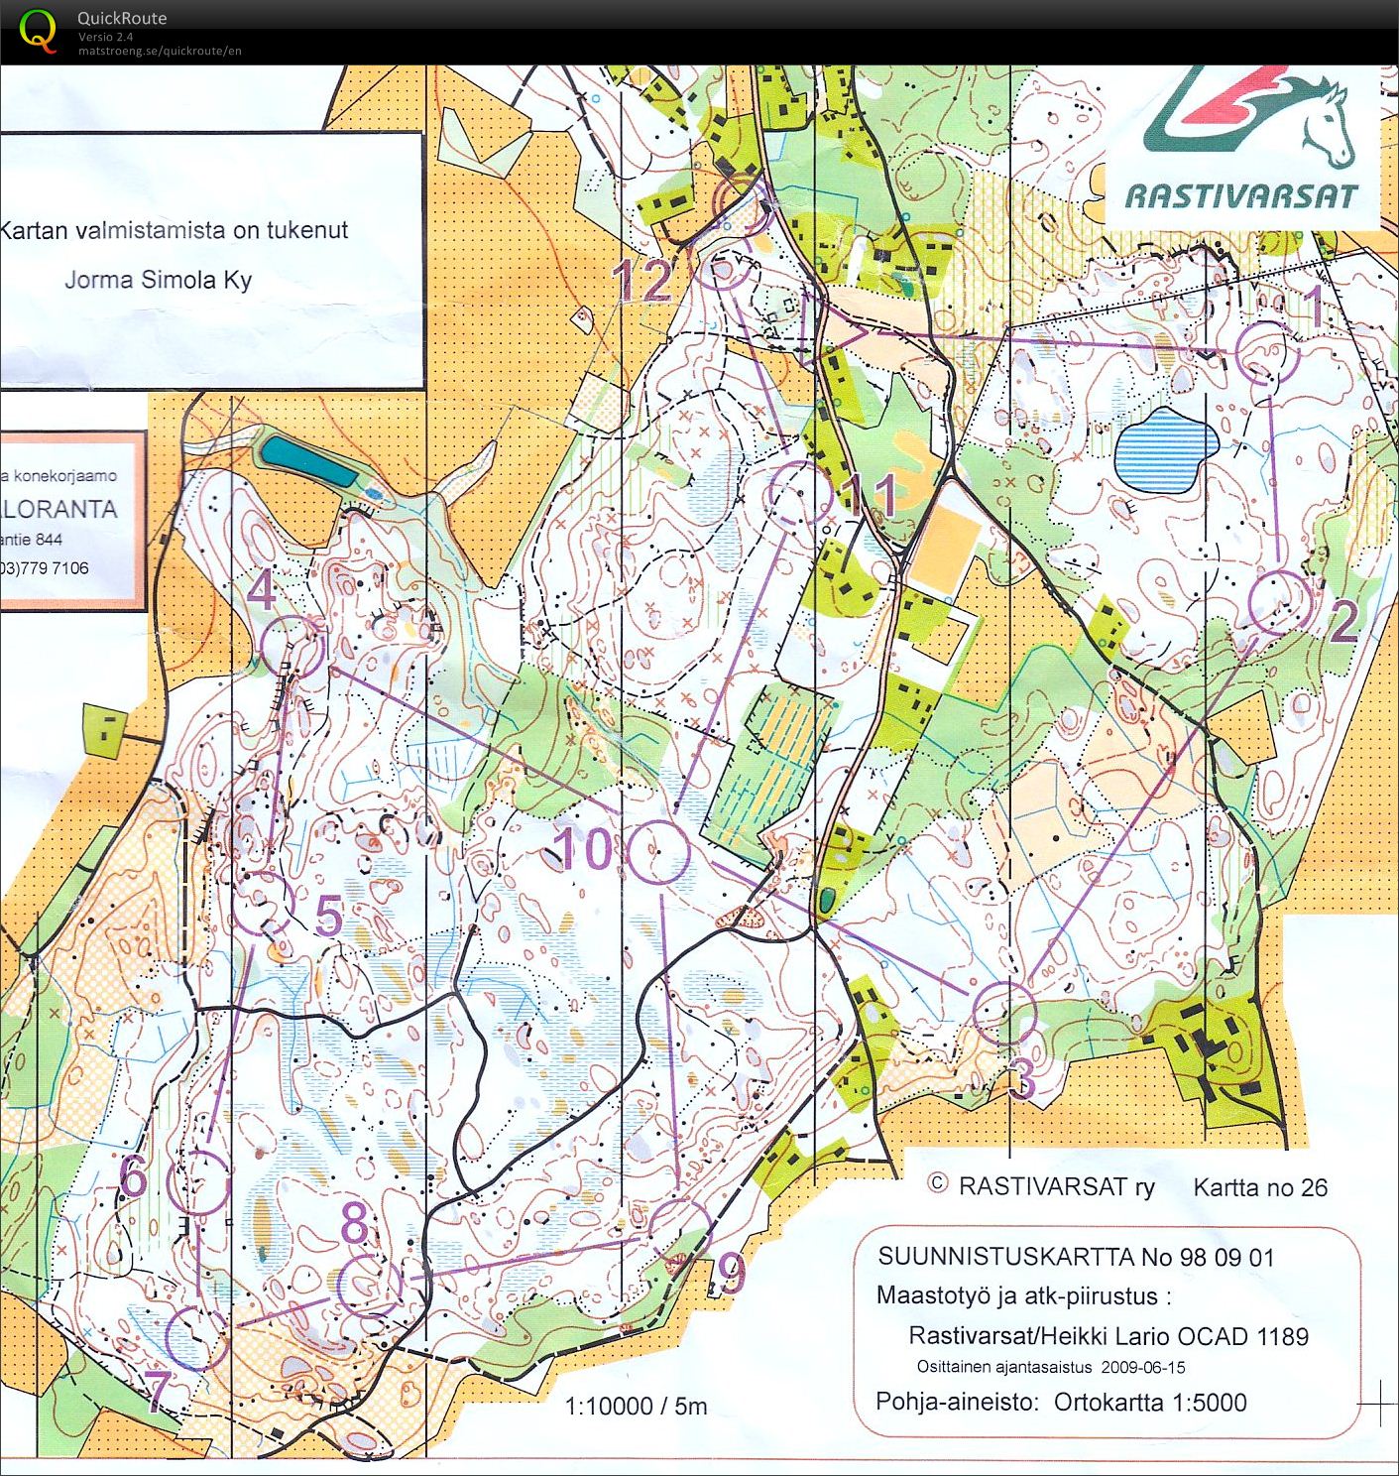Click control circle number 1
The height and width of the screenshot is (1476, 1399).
pos(1268,352)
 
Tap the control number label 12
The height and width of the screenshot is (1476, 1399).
pos(645,281)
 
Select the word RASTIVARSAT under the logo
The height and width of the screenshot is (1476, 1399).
pos(1239,195)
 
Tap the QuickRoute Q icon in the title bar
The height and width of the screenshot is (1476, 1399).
pos(38,31)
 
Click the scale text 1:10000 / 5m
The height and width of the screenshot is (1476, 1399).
pos(636,1406)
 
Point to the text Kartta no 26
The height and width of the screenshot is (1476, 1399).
pos(1259,1187)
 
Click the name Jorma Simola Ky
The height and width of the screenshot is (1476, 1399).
pos(159,280)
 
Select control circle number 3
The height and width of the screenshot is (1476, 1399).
pos(1004,1012)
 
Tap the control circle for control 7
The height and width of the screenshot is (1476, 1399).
pos(196,1337)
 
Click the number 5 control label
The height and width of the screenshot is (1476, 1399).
pos(328,916)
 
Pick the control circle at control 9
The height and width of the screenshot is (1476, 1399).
pos(679,1230)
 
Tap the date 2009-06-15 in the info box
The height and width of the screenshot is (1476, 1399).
pos(1142,1367)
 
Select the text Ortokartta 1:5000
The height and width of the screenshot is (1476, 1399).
pos(1150,1402)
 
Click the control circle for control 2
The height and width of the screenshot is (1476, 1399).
pos(1279,602)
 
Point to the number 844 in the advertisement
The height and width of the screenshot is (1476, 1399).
pos(44,540)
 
